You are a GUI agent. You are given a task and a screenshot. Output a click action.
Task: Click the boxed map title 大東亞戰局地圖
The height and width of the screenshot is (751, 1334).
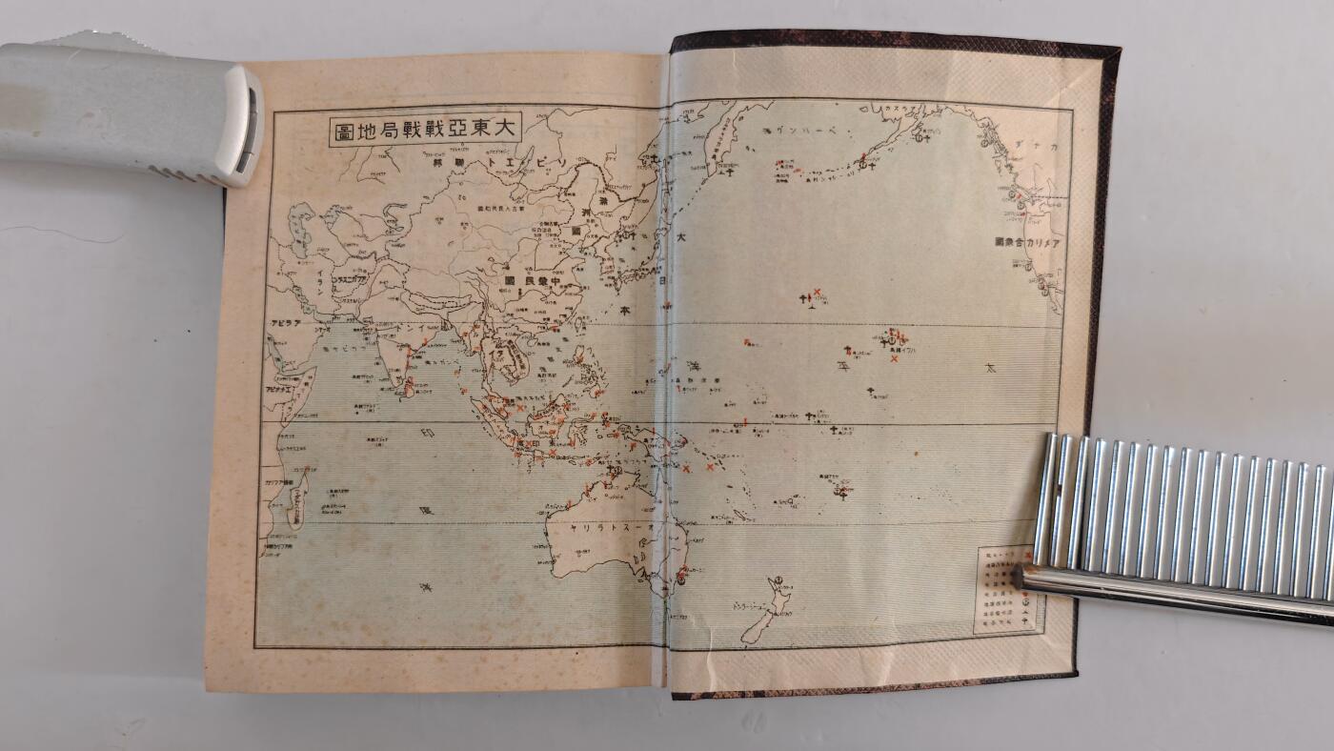pyautogui.click(x=426, y=130)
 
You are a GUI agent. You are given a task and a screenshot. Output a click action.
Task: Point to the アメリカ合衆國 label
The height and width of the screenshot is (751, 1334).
pyautogui.click(x=1028, y=243)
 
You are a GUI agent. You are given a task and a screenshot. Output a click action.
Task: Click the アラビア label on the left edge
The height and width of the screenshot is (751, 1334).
pyautogui.click(x=285, y=323)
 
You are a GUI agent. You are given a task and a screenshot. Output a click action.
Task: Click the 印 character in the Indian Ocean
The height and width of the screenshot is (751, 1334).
pyautogui.click(x=428, y=434)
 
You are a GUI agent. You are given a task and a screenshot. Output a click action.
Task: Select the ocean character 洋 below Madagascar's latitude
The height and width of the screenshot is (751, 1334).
pyautogui.click(x=425, y=588)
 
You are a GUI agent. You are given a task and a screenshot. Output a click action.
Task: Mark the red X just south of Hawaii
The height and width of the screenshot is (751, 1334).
pyautogui.click(x=894, y=358)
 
